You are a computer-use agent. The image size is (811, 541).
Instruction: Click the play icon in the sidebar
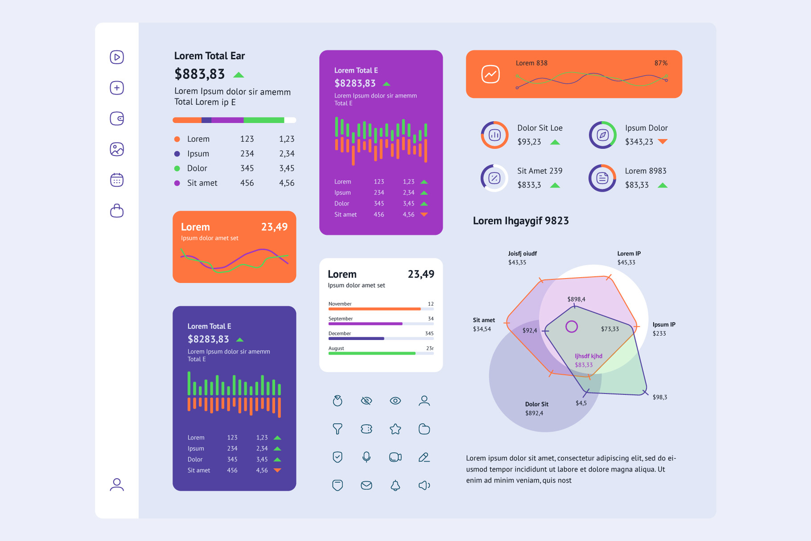(x=117, y=57)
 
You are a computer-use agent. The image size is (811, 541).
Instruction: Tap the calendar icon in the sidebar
(x=117, y=180)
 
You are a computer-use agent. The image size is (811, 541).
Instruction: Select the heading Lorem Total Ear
(x=209, y=56)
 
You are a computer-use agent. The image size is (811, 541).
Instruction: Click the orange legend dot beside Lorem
(x=177, y=139)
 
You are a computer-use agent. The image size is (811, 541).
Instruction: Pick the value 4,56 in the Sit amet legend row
(x=287, y=183)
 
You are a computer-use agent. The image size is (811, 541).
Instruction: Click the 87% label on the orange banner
(x=661, y=63)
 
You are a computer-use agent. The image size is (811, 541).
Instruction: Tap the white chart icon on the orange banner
(x=491, y=74)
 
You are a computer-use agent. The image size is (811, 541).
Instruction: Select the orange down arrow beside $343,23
(x=663, y=142)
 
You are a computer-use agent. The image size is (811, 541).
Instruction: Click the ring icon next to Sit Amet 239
(x=495, y=178)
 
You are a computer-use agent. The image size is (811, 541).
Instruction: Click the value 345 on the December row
(x=429, y=333)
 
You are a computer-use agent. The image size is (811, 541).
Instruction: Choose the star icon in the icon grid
(x=395, y=429)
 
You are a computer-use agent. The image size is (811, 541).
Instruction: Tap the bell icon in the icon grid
(x=395, y=485)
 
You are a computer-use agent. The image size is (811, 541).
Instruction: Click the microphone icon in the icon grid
(x=366, y=457)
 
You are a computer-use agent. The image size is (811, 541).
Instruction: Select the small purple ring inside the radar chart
(x=572, y=327)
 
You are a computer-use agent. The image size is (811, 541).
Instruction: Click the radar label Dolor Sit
(x=537, y=404)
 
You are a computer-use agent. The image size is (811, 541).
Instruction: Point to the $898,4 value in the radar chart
(x=576, y=299)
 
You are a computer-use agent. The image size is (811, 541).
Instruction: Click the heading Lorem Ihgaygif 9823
(x=520, y=221)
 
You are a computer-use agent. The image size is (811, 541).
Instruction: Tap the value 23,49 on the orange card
(x=274, y=227)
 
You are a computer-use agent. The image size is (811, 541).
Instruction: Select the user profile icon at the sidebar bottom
(x=117, y=484)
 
